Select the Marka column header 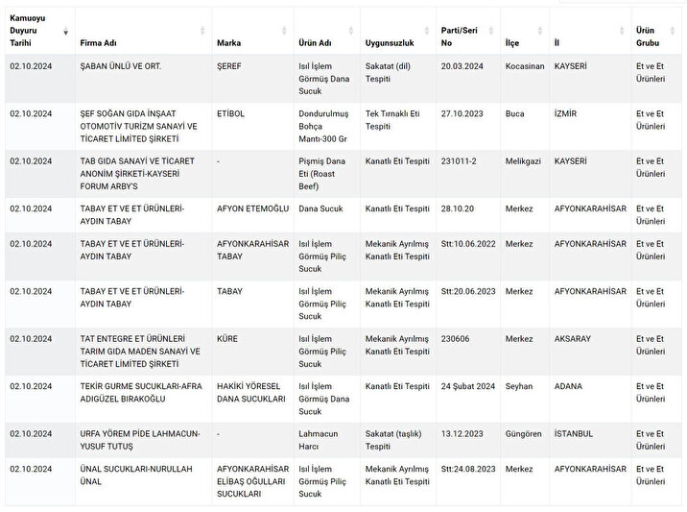[229, 43]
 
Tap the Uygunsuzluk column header [388, 43]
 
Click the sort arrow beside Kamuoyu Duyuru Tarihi [65, 32]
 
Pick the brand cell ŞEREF [230, 66]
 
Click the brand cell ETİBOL [231, 113]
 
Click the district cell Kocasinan [526, 66]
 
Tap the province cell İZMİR [566, 113]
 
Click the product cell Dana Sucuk [320, 208]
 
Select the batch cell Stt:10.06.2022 [468, 244]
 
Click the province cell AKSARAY [576, 339]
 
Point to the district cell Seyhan [518, 386]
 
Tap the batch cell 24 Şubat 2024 [469, 386]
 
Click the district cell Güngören [524, 433]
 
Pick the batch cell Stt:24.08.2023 [468, 469]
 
